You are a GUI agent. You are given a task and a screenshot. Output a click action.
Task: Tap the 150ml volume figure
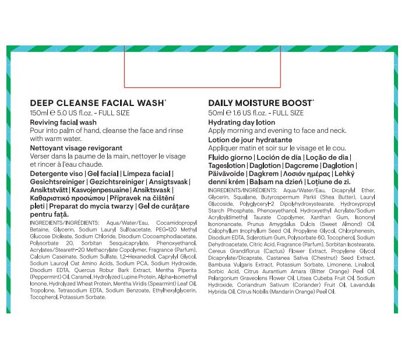pos(38,113)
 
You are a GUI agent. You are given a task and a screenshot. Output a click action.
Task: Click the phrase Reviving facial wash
pos(63,122)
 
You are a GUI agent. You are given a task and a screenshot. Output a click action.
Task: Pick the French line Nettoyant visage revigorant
pos(76,148)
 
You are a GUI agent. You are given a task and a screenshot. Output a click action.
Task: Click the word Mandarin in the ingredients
pos(303,291)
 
